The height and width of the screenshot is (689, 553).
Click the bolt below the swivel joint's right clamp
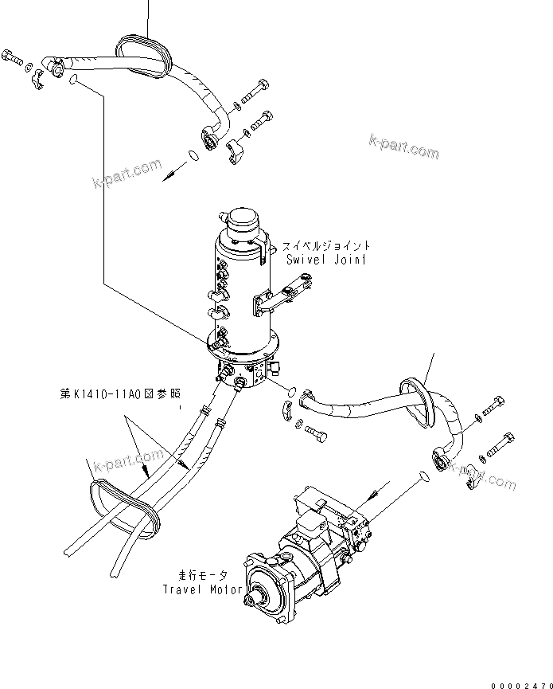pyautogui.click(x=314, y=435)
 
